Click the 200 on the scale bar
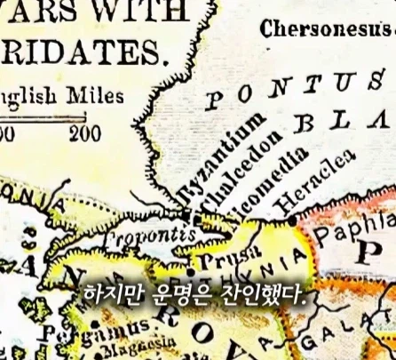coord(86,135)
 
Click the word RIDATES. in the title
coord(83,52)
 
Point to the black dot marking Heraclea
coord(291,219)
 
